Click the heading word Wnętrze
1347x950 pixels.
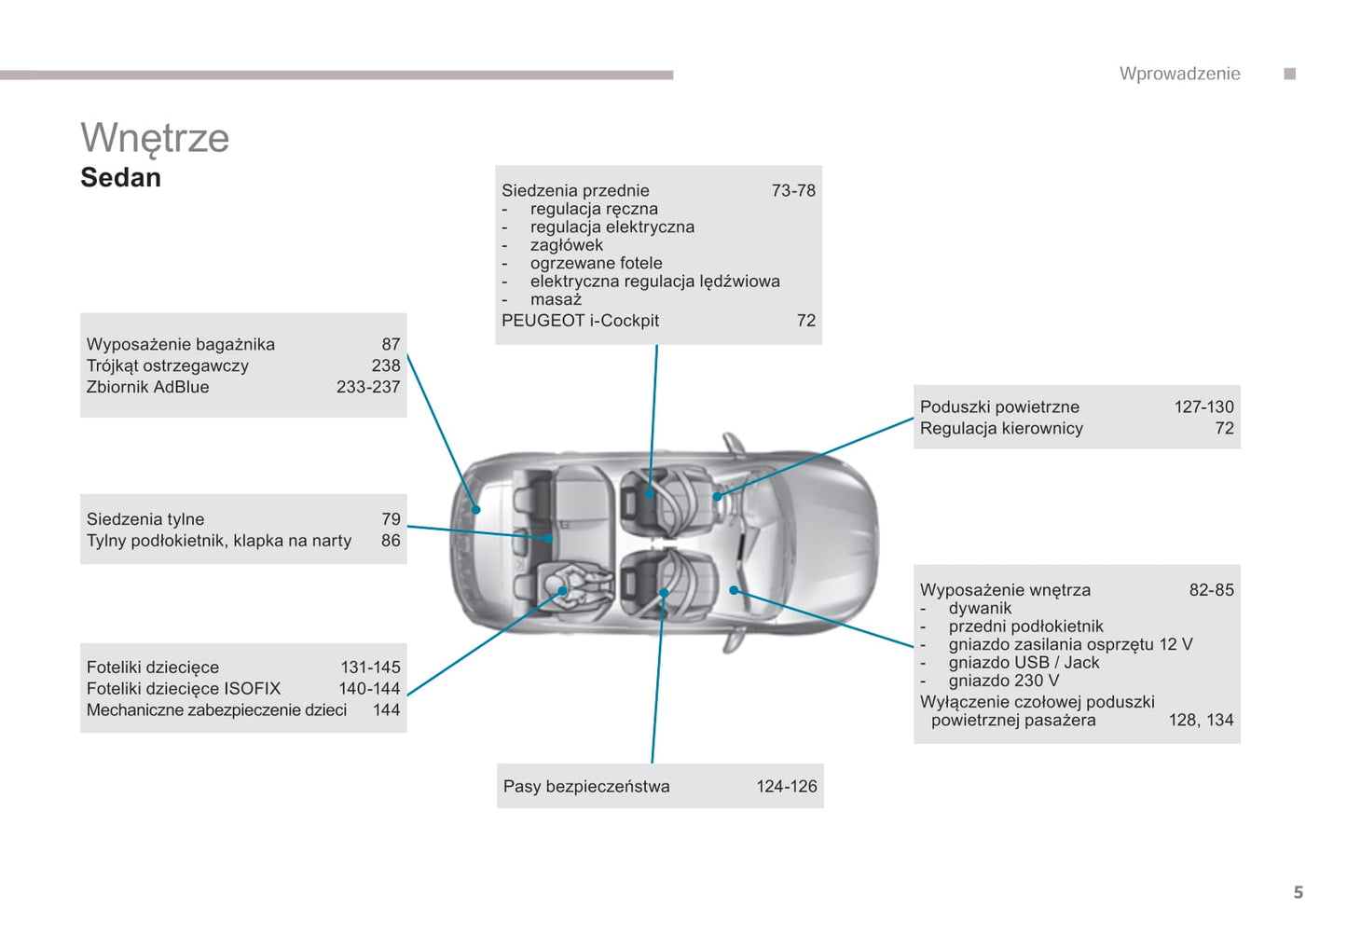(155, 139)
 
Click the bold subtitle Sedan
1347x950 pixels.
(120, 177)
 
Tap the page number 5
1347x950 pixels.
(1298, 892)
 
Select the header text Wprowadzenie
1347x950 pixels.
(1179, 74)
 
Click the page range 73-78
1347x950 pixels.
(792, 190)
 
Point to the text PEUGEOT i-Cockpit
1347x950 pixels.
(580, 321)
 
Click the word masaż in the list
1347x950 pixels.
(556, 299)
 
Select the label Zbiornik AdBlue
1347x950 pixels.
(147, 387)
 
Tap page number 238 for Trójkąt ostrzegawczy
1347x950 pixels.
(385, 365)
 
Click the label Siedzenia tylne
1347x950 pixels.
(144, 519)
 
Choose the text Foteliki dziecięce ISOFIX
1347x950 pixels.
(183, 689)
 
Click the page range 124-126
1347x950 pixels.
(786, 787)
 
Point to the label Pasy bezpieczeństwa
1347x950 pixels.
(585, 787)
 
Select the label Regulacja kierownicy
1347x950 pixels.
(1001, 429)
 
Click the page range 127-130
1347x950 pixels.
(1203, 407)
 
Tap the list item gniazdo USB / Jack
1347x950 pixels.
(1024, 663)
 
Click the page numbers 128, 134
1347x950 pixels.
(1201, 721)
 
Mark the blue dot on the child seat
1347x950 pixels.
(562, 591)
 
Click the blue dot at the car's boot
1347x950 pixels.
(476, 510)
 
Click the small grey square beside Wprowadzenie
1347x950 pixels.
(1289, 74)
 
